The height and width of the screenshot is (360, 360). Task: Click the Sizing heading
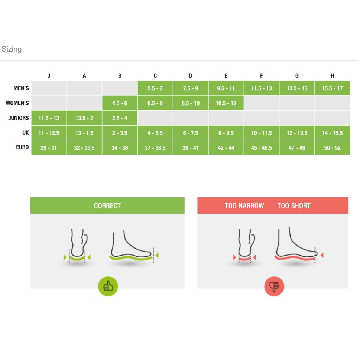point(12,49)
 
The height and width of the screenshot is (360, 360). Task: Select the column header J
point(49,76)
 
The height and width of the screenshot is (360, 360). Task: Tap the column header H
point(332,76)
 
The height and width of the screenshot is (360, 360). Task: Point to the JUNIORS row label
point(19,118)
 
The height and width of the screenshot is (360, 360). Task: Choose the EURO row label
point(22,147)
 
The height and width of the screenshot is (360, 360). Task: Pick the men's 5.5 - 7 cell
point(155,88)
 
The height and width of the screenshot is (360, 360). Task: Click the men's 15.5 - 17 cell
point(332,88)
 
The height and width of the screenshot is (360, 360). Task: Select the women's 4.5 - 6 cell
point(120,103)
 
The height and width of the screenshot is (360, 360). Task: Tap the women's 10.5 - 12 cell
point(226,103)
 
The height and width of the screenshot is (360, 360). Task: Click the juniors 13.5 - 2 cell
point(84,118)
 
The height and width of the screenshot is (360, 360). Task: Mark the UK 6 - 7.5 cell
point(191,133)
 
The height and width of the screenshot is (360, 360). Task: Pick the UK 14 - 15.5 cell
point(332,133)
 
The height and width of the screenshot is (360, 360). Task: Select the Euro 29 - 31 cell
point(49,148)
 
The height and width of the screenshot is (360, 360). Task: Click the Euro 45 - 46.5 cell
point(262,148)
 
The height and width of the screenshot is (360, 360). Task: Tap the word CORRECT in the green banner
point(107,205)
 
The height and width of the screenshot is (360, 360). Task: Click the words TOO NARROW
point(244,205)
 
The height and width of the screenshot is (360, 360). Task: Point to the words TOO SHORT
point(294,205)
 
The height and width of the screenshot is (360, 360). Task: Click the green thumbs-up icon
point(108,286)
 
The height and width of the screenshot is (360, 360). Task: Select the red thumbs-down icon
point(274,286)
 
